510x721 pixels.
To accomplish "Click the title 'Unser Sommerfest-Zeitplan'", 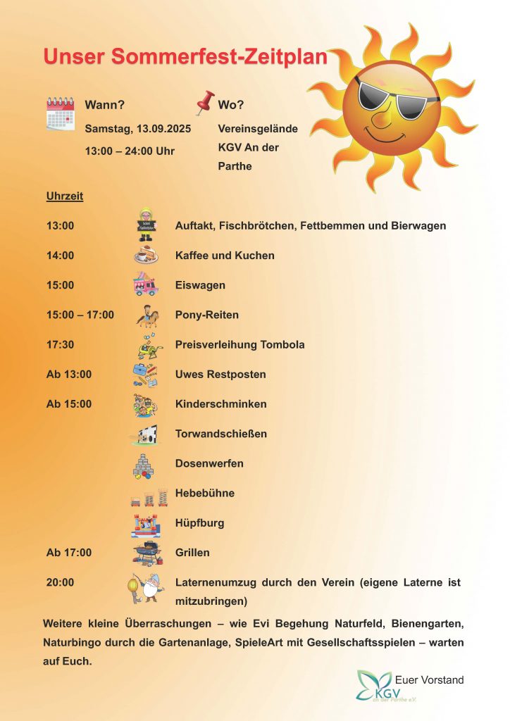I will click(185, 57).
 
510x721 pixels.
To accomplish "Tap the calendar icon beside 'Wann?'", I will click(61, 113).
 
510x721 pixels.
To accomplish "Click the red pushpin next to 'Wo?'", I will click(205, 104).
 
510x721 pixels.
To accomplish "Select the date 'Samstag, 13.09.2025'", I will click(138, 129).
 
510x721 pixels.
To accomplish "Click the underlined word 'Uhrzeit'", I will click(65, 196).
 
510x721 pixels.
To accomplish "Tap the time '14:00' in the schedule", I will click(60, 256).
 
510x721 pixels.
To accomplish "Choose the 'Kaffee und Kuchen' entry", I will click(225, 256).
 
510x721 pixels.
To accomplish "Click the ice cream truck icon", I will click(145, 284).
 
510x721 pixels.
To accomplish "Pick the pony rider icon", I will click(147, 315).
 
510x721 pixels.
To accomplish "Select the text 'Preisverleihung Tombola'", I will click(240, 345).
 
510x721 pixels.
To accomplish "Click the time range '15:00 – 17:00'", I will click(80, 315).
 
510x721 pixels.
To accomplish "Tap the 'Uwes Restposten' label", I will click(220, 375).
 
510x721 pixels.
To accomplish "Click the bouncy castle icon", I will click(147, 525).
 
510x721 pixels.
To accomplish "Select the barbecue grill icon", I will click(147, 553).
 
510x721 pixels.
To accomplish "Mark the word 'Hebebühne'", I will click(204, 493).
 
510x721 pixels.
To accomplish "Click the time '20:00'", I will click(60, 582).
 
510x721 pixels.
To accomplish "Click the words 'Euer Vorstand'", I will click(430, 680).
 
